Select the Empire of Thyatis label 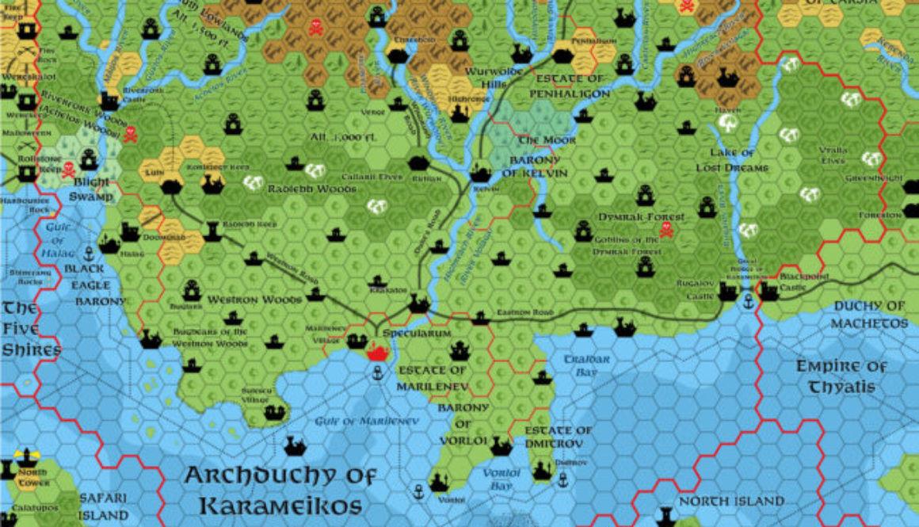tap(841, 376)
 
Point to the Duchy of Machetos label tap(869, 315)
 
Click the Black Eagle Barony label tap(100, 285)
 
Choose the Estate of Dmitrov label tap(559, 436)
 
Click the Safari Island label tap(103, 506)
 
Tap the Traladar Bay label tap(587, 365)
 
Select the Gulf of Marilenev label tap(365, 421)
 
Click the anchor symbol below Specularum tap(378, 371)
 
